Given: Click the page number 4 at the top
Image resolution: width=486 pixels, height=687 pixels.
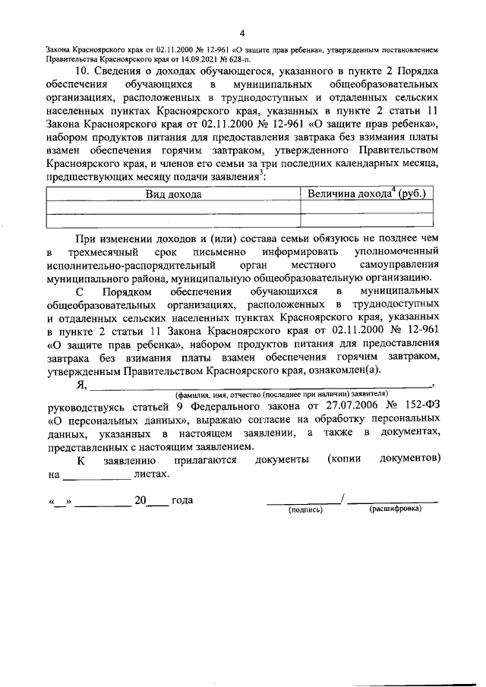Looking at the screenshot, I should tap(241, 33).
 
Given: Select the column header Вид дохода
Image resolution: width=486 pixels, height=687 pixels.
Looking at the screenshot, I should tap(174, 194).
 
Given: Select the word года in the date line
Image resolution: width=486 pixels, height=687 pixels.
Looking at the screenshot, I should tap(183, 500).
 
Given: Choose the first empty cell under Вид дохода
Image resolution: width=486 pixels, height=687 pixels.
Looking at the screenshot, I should tap(174, 207).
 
